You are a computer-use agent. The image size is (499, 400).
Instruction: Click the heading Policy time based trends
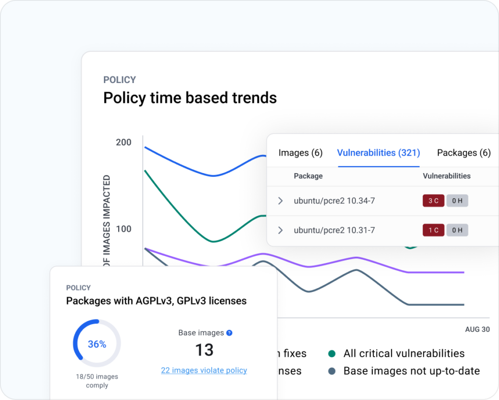pos(190,97)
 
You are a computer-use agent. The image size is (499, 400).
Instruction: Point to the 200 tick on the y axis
pos(123,142)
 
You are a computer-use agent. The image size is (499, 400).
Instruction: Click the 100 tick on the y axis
pos(123,229)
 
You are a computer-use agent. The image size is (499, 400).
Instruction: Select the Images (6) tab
pos(300,153)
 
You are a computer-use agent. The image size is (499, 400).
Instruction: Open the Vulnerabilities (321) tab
pos(378,153)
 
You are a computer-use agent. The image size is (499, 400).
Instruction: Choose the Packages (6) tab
pos(463,153)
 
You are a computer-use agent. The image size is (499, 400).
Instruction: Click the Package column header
pos(308,176)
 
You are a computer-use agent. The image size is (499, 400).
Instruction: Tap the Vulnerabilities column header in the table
pos(447,176)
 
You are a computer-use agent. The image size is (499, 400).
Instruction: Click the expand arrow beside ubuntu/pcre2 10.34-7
pos(280,201)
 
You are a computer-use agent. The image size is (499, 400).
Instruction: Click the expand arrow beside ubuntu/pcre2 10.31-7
pos(280,230)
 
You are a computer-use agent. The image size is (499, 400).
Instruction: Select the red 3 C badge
pos(433,201)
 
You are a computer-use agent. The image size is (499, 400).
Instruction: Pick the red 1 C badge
pos(433,230)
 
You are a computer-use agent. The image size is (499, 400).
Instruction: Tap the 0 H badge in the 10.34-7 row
pos(457,201)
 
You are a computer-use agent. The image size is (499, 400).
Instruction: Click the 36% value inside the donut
pos(97,344)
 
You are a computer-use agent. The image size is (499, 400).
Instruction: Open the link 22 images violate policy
pos(204,370)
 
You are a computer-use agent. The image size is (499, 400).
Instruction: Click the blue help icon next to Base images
pos(229,333)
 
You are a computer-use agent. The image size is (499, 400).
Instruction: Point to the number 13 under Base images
pos(204,350)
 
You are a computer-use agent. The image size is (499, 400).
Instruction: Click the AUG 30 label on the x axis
pos(477,330)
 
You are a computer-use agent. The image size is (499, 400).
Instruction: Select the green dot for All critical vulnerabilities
pos(332,354)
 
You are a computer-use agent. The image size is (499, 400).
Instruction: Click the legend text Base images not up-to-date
pos(411,371)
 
